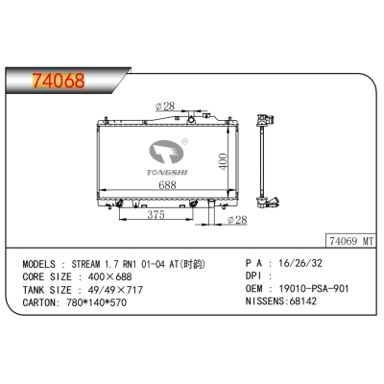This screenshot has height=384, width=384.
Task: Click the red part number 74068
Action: coord(59,81)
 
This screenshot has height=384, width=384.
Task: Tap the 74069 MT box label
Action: coord(351,241)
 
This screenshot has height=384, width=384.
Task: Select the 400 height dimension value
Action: coord(223,161)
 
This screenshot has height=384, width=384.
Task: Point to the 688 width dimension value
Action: coord(167,184)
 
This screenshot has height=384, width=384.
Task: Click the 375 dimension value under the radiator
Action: coord(156,215)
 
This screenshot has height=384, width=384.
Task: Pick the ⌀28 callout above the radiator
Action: coord(165,106)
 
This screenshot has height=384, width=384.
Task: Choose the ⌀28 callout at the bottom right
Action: coord(237,220)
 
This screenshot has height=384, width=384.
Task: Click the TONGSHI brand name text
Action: coord(167,173)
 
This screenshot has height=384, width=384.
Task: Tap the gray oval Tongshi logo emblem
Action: coord(166,152)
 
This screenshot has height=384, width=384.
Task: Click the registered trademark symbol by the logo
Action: coord(184,141)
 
